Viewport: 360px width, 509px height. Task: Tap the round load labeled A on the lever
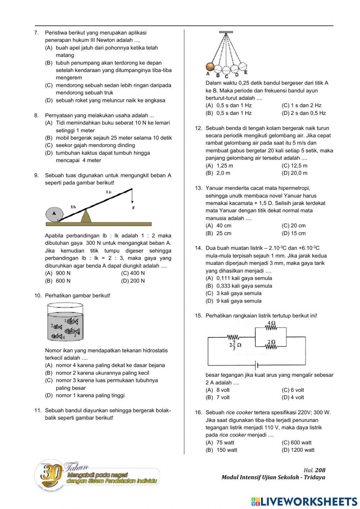click(x=54, y=214)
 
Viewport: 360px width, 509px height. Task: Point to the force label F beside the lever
click(x=134, y=208)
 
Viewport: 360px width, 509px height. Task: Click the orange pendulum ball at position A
click(x=210, y=67)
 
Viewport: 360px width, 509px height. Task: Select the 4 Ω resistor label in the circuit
click(x=271, y=323)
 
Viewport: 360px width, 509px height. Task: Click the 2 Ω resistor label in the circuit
click(x=271, y=342)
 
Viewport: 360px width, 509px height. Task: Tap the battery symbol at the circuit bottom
click(x=256, y=366)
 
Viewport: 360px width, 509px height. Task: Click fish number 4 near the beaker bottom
click(x=57, y=336)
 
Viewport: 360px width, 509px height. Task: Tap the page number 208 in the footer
click(x=320, y=470)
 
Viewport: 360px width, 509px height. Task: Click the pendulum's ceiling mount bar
click(x=226, y=32)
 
